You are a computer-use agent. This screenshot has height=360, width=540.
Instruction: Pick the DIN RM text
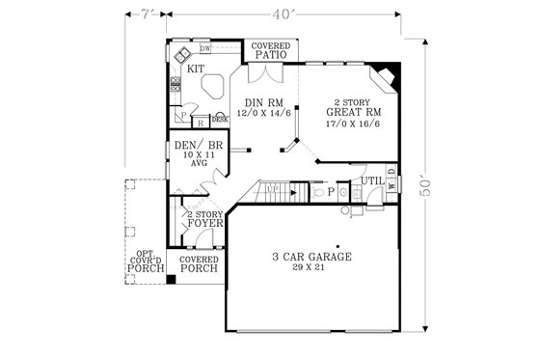261,102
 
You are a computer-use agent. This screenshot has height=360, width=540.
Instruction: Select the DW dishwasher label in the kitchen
205,48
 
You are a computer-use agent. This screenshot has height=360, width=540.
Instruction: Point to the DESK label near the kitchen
219,119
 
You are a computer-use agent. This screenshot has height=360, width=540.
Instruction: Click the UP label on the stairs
273,187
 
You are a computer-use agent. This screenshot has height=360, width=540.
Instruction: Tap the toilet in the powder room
318,192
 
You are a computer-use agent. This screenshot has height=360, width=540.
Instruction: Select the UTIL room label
372,180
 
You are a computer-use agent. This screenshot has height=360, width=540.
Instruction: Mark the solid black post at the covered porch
171,279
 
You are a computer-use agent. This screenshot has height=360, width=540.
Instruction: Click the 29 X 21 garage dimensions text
310,269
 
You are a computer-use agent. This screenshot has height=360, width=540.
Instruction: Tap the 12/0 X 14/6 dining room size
261,113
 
